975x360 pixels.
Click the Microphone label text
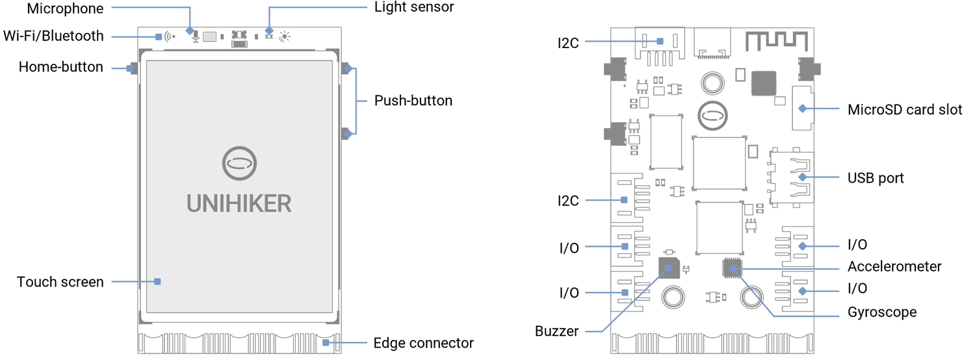(65, 8)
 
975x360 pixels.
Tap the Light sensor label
(414, 8)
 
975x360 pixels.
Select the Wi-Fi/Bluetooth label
(53, 36)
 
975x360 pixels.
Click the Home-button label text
(60, 67)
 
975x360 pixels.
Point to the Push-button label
(413, 101)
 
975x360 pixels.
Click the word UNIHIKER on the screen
(239, 203)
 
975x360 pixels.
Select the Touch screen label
(60, 282)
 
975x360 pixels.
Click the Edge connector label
(423, 343)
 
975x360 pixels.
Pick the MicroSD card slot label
(905, 109)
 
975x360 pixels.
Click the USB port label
(876, 177)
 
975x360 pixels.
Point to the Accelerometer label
(894, 266)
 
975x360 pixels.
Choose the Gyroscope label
(882, 312)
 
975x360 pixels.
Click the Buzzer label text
(556, 331)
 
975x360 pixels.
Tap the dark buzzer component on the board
(668, 267)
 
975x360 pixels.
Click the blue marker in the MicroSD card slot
(802, 109)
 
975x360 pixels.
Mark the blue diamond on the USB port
(802, 177)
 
